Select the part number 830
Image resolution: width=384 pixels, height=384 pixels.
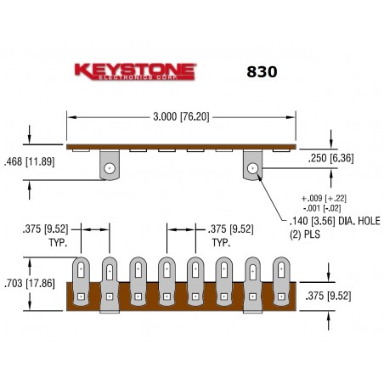pos(260,72)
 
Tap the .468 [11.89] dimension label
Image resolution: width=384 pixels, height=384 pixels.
pos(28,161)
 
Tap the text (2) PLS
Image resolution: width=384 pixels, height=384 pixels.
pos(299,230)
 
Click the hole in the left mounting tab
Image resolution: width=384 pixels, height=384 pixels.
pos(109,168)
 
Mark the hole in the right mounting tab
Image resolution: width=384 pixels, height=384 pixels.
pos(252,168)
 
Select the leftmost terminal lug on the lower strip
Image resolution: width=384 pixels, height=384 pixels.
pos(82,280)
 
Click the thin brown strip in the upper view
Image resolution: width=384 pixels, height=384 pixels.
pos(183,144)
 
